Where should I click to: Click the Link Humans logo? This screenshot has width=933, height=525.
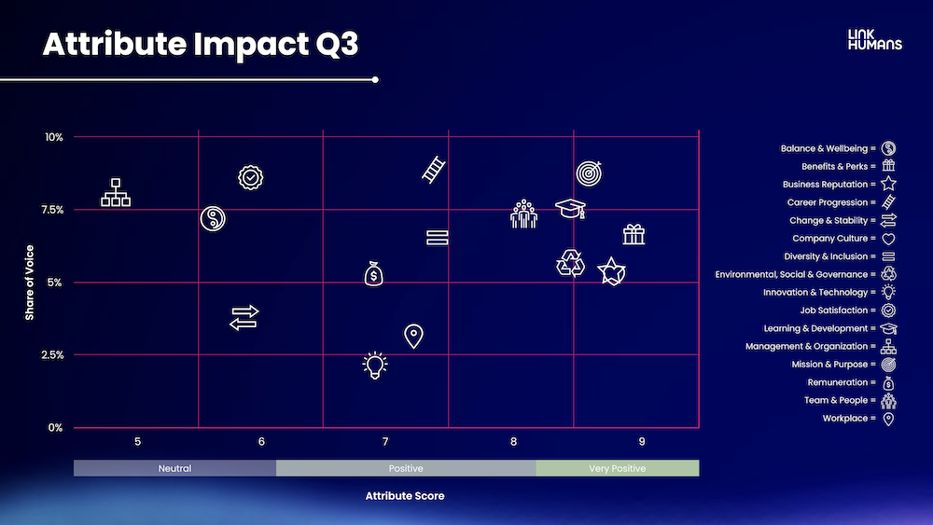(875, 40)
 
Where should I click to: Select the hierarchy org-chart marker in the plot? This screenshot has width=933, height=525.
(116, 193)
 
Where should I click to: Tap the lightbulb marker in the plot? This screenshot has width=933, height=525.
(375, 365)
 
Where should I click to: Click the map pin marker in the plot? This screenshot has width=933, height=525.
(413, 336)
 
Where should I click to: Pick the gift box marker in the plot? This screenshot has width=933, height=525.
(634, 234)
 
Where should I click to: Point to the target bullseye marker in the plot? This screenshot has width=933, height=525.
(589, 173)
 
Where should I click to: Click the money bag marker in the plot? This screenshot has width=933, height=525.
(374, 274)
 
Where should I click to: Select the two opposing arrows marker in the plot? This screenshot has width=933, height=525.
(244, 317)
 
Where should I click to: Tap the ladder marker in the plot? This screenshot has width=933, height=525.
(433, 170)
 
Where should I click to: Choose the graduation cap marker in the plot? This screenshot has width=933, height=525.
(571, 209)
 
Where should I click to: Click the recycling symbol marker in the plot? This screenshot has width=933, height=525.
(570, 263)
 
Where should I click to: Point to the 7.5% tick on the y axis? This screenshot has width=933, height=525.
(52, 210)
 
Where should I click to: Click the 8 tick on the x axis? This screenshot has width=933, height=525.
(513, 442)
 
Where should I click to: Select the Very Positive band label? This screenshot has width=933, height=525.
(617, 468)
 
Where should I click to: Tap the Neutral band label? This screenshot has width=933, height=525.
(175, 468)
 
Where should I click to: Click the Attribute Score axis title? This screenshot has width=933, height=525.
(405, 496)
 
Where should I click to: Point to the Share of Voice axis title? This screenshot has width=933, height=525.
(30, 283)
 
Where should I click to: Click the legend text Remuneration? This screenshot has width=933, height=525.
(837, 382)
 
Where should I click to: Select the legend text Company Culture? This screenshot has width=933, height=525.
(830, 239)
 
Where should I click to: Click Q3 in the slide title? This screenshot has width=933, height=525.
(337, 44)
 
